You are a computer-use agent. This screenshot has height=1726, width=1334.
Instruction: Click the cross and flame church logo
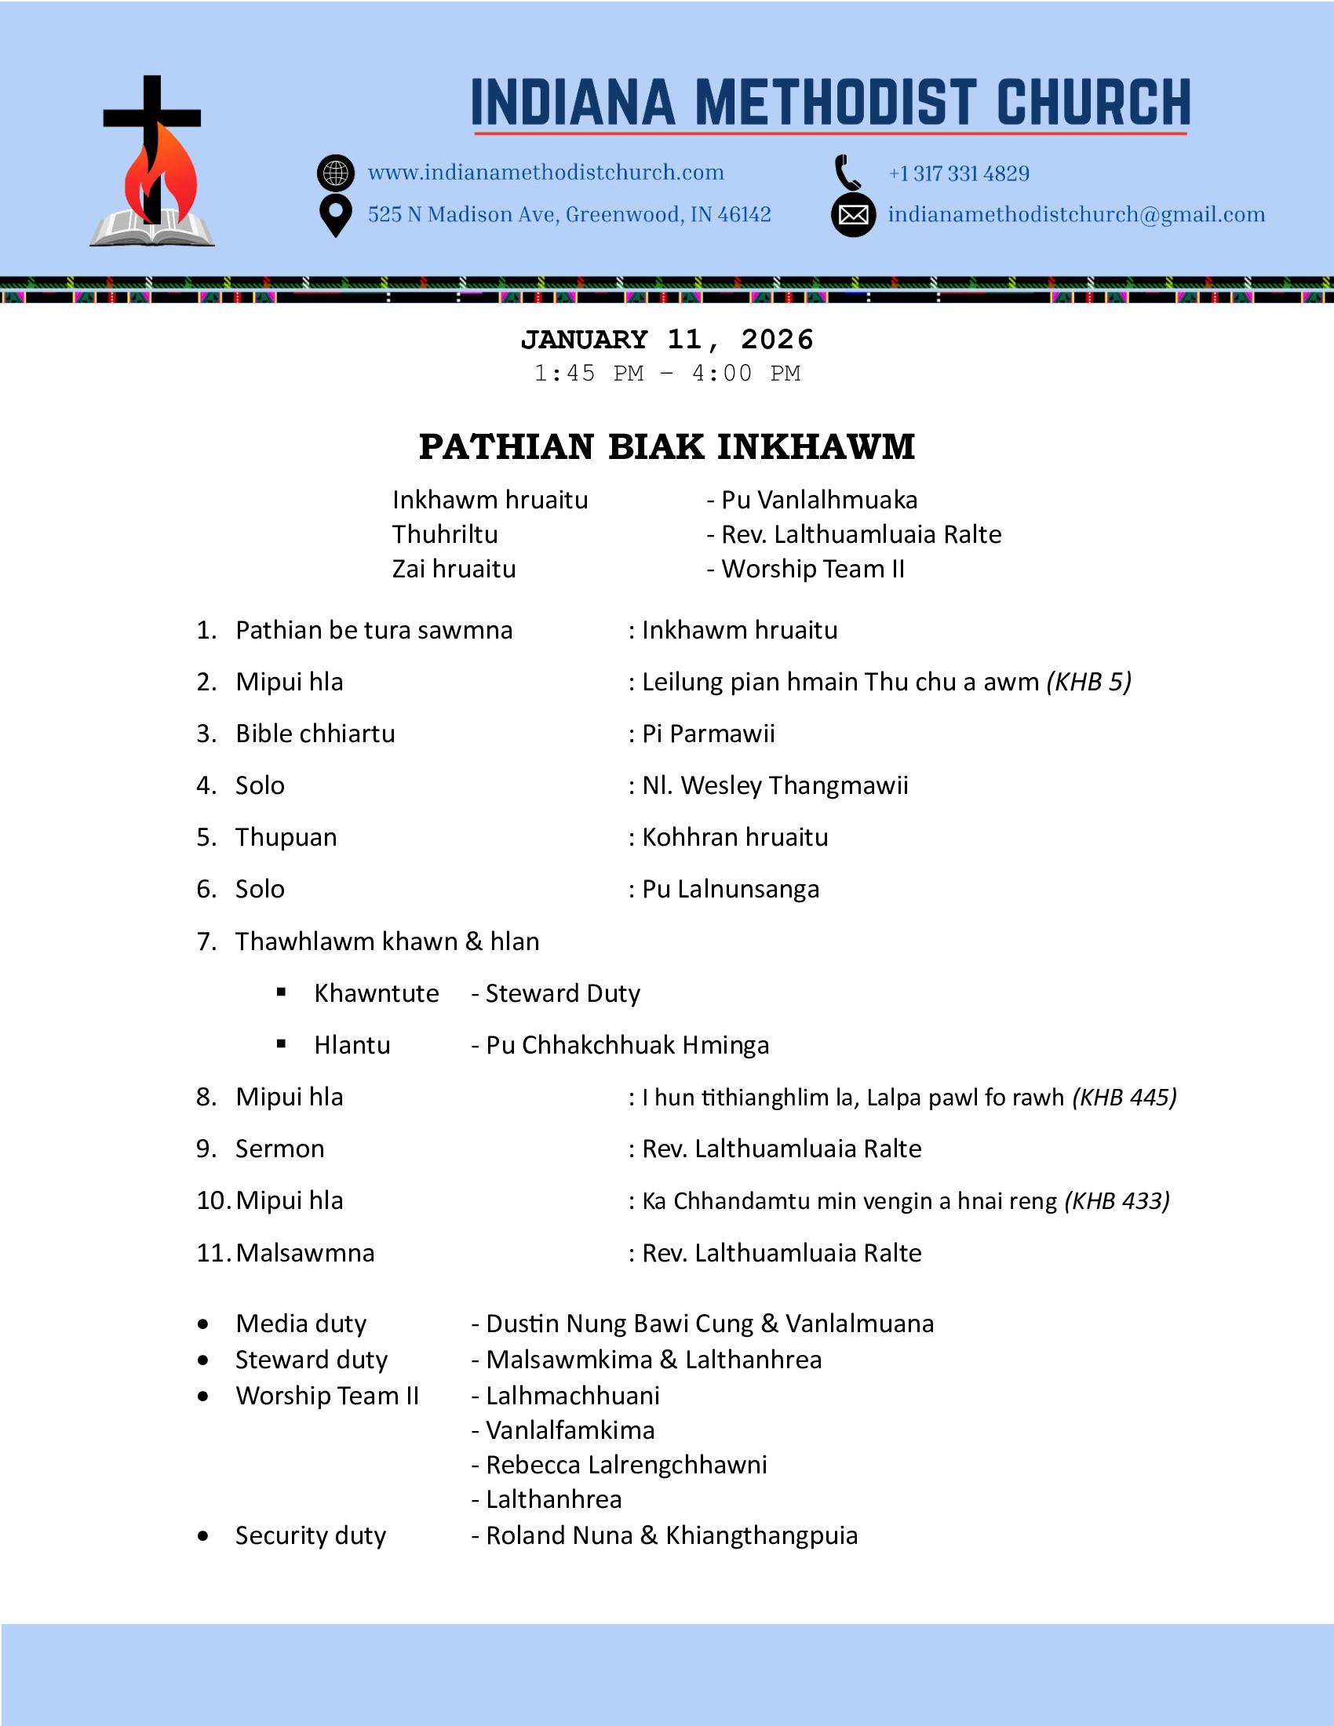(x=151, y=162)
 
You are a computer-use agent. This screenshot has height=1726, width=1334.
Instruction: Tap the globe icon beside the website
(x=336, y=173)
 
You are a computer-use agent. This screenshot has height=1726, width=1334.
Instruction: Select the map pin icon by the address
(x=336, y=215)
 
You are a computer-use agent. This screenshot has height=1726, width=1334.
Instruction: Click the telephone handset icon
(x=848, y=173)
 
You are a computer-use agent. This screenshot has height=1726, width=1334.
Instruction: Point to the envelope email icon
(x=854, y=215)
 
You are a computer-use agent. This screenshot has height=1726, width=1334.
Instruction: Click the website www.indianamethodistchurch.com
(x=546, y=173)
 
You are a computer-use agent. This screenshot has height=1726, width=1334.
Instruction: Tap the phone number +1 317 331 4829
(x=959, y=174)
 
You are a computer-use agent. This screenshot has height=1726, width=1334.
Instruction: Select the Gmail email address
(x=1077, y=215)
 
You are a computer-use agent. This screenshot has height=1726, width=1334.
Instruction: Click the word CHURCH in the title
(x=1094, y=103)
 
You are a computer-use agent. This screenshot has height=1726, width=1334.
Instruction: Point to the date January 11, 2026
(x=667, y=340)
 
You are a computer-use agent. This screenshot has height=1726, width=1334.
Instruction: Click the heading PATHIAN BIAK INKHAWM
(x=667, y=447)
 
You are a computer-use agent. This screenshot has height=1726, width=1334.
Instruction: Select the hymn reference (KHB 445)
(x=1124, y=1098)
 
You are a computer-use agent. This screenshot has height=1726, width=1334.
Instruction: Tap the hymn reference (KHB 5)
(x=1089, y=682)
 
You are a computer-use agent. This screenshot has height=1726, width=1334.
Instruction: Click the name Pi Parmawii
(x=708, y=734)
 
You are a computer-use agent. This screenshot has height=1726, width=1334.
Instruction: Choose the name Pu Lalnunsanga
(x=731, y=890)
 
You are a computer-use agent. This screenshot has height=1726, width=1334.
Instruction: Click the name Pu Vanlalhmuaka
(x=818, y=501)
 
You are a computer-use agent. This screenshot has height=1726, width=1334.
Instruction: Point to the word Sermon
(x=280, y=1149)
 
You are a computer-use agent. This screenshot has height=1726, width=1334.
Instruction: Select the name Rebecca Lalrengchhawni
(x=626, y=1466)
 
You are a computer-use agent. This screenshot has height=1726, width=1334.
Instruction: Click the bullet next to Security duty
(x=203, y=1536)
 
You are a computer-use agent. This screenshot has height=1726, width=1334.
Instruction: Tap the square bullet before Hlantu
(x=282, y=1044)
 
